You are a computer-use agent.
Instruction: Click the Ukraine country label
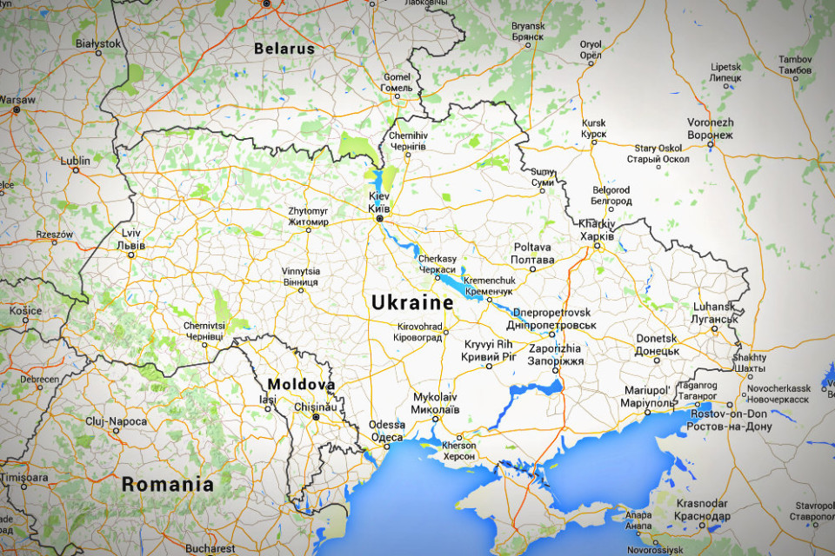[x=412, y=303]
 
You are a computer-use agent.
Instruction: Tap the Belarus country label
[x=284, y=50]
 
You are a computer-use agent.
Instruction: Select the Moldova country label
[x=301, y=384]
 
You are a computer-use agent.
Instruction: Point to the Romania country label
[x=167, y=485]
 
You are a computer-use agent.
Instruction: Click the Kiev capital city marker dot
[x=379, y=221]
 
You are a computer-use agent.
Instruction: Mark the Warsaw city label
[x=17, y=100]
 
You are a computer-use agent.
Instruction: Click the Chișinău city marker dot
[x=317, y=418]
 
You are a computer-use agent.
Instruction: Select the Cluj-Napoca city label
[x=117, y=420]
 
